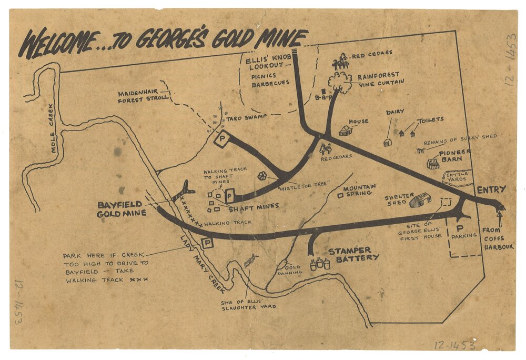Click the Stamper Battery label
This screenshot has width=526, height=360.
pos(353,254)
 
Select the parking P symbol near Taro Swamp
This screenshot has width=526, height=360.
pos(221,139)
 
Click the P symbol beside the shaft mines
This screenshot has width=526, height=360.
pos(230,196)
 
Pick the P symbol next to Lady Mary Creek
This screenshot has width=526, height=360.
pos(207,243)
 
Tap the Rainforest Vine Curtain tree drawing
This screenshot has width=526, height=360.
pos(339,82)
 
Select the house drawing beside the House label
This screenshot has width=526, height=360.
pos(345,130)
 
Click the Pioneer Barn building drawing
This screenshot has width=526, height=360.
pos(433,164)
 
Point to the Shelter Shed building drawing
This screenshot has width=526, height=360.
pos(420,199)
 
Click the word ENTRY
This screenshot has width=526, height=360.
pos(491,189)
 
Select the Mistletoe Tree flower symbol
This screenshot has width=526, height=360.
pos(262,176)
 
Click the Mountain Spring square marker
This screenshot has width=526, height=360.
pos(340,195)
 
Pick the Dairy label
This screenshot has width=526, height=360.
pos(395,112)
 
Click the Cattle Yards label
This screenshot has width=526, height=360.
pos(457,177)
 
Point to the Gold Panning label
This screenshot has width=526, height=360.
pos(292,270)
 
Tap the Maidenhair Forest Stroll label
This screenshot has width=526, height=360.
pos(143,96)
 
